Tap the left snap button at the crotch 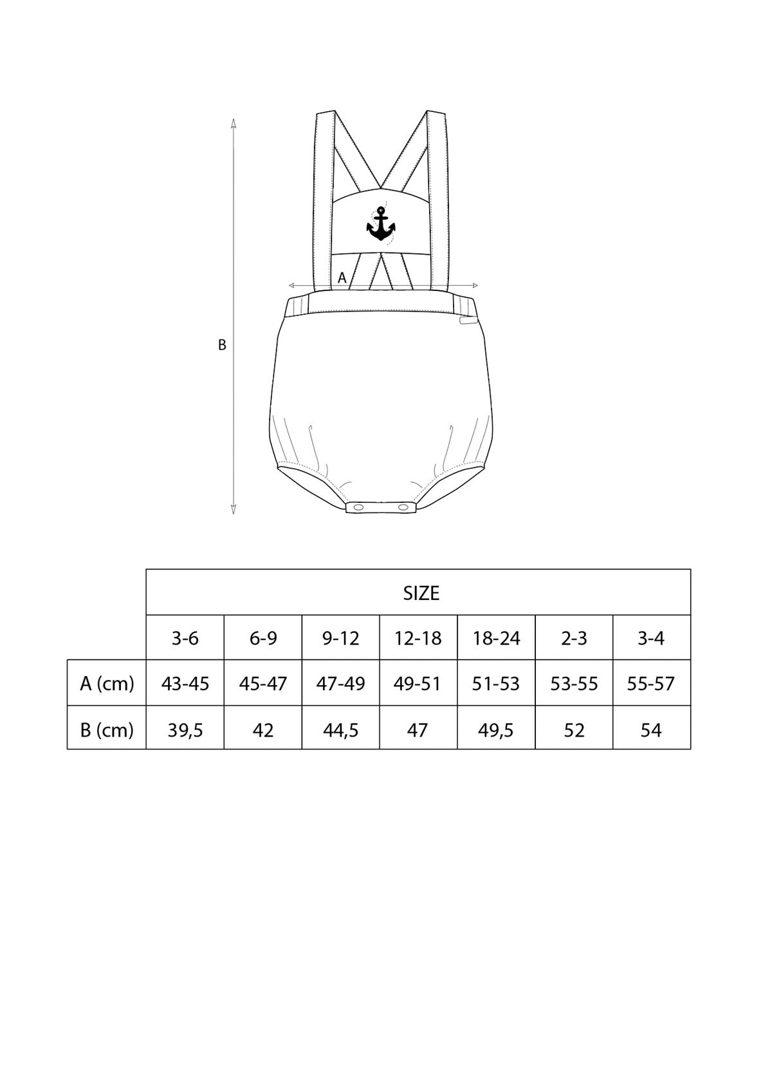358,507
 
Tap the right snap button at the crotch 403,507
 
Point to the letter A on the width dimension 342,278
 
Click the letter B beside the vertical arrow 222,345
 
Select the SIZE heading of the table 421,593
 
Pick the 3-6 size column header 185,638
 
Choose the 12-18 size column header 418,638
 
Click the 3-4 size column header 651,638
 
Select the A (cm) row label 107,684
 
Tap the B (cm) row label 107,730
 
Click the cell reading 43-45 185,684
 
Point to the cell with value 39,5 185,730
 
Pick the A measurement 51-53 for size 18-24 496,684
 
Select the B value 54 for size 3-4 651,730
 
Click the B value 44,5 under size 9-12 340,730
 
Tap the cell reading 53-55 574,684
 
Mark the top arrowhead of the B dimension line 234,123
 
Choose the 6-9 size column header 263,638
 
